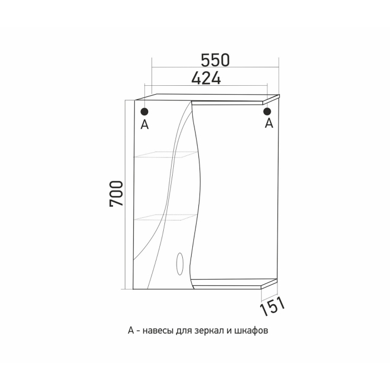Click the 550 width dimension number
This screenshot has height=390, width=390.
[215, 60]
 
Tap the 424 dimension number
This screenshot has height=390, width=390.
[206, 78]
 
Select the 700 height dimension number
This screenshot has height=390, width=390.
[116, 193]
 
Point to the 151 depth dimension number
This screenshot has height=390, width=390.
[272, 306]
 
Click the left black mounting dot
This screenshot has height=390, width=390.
[144, 111]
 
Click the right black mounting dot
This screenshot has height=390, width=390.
[267, 111]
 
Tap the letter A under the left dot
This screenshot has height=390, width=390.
[144, 124]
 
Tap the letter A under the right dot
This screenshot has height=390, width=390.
[269, 123]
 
